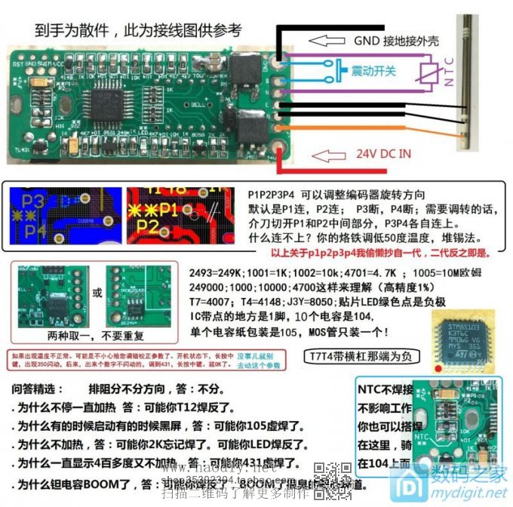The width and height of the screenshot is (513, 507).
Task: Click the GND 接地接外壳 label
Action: pyautogui.click(x=397, y=41)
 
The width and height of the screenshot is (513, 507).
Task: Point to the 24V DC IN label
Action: pyautogui.click(x=384, y=153)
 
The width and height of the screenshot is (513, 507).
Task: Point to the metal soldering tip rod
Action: pyautogui.click(x=469, y=83)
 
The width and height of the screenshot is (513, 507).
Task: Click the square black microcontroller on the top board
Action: pyautogui.click(x=111, y=97)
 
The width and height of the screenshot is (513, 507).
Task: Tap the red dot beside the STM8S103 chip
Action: pyautogui.click(x=437, y=367)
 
